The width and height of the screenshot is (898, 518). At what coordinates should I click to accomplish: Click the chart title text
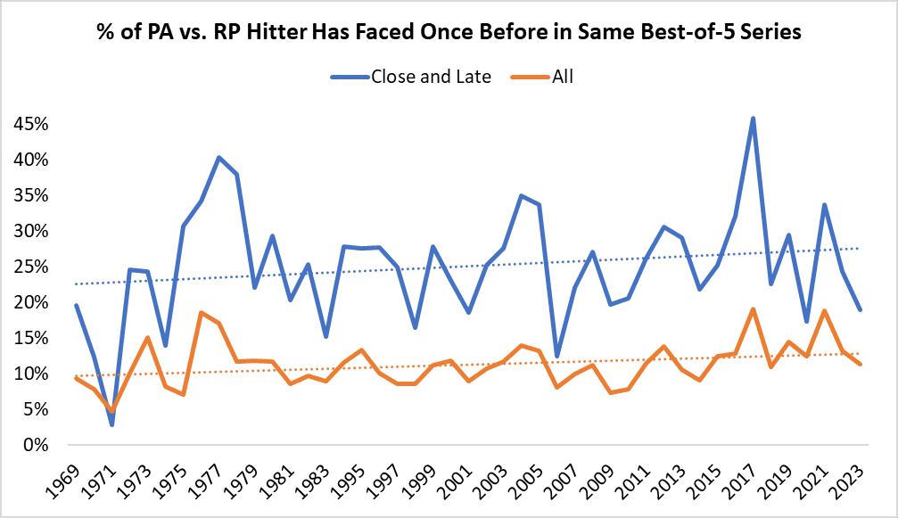click(x=449, y=33)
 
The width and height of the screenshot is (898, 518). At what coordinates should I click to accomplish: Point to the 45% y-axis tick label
click(x=30, y=124)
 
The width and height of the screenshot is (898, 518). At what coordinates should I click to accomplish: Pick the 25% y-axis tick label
click(x=30, y=267)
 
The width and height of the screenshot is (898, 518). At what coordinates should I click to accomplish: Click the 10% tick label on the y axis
click(x=30, y=374)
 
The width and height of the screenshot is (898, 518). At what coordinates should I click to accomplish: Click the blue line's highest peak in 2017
click(x=754, y=118)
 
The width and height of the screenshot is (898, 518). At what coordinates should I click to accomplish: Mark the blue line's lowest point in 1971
click(x=111, y=424)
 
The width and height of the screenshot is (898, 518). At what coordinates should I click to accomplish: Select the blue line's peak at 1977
click(x=218, y=157)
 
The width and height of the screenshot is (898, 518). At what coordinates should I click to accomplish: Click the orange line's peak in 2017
click(x=754, y=309)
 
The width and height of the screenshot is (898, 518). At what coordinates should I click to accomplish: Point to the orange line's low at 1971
click(x=111, y=410)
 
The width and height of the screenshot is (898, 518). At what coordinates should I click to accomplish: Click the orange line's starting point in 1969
click(x=76, y=378)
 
